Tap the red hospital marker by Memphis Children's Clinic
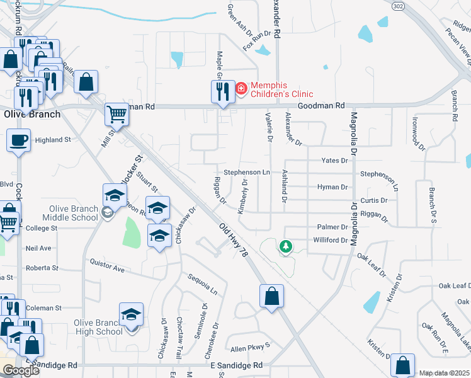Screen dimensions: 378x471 tap(241, 90)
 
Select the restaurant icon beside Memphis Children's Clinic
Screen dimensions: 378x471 tap(222, 92)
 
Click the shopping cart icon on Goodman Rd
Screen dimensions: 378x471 tap(116, 115)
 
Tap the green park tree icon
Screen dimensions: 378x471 tap(286, 246)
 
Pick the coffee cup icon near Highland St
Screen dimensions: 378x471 tap(18, 140)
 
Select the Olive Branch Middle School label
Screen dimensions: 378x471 tap(73, 214)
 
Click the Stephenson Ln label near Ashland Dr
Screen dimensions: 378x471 tap(247, 172)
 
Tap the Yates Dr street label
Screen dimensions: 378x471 tap(334, 161)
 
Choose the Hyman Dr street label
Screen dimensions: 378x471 tap(332, 187)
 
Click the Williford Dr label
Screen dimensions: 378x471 tap(331, 240)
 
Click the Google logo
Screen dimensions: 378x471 tap(21, 370)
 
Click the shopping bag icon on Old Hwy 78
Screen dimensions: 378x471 tap(271, 296)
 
